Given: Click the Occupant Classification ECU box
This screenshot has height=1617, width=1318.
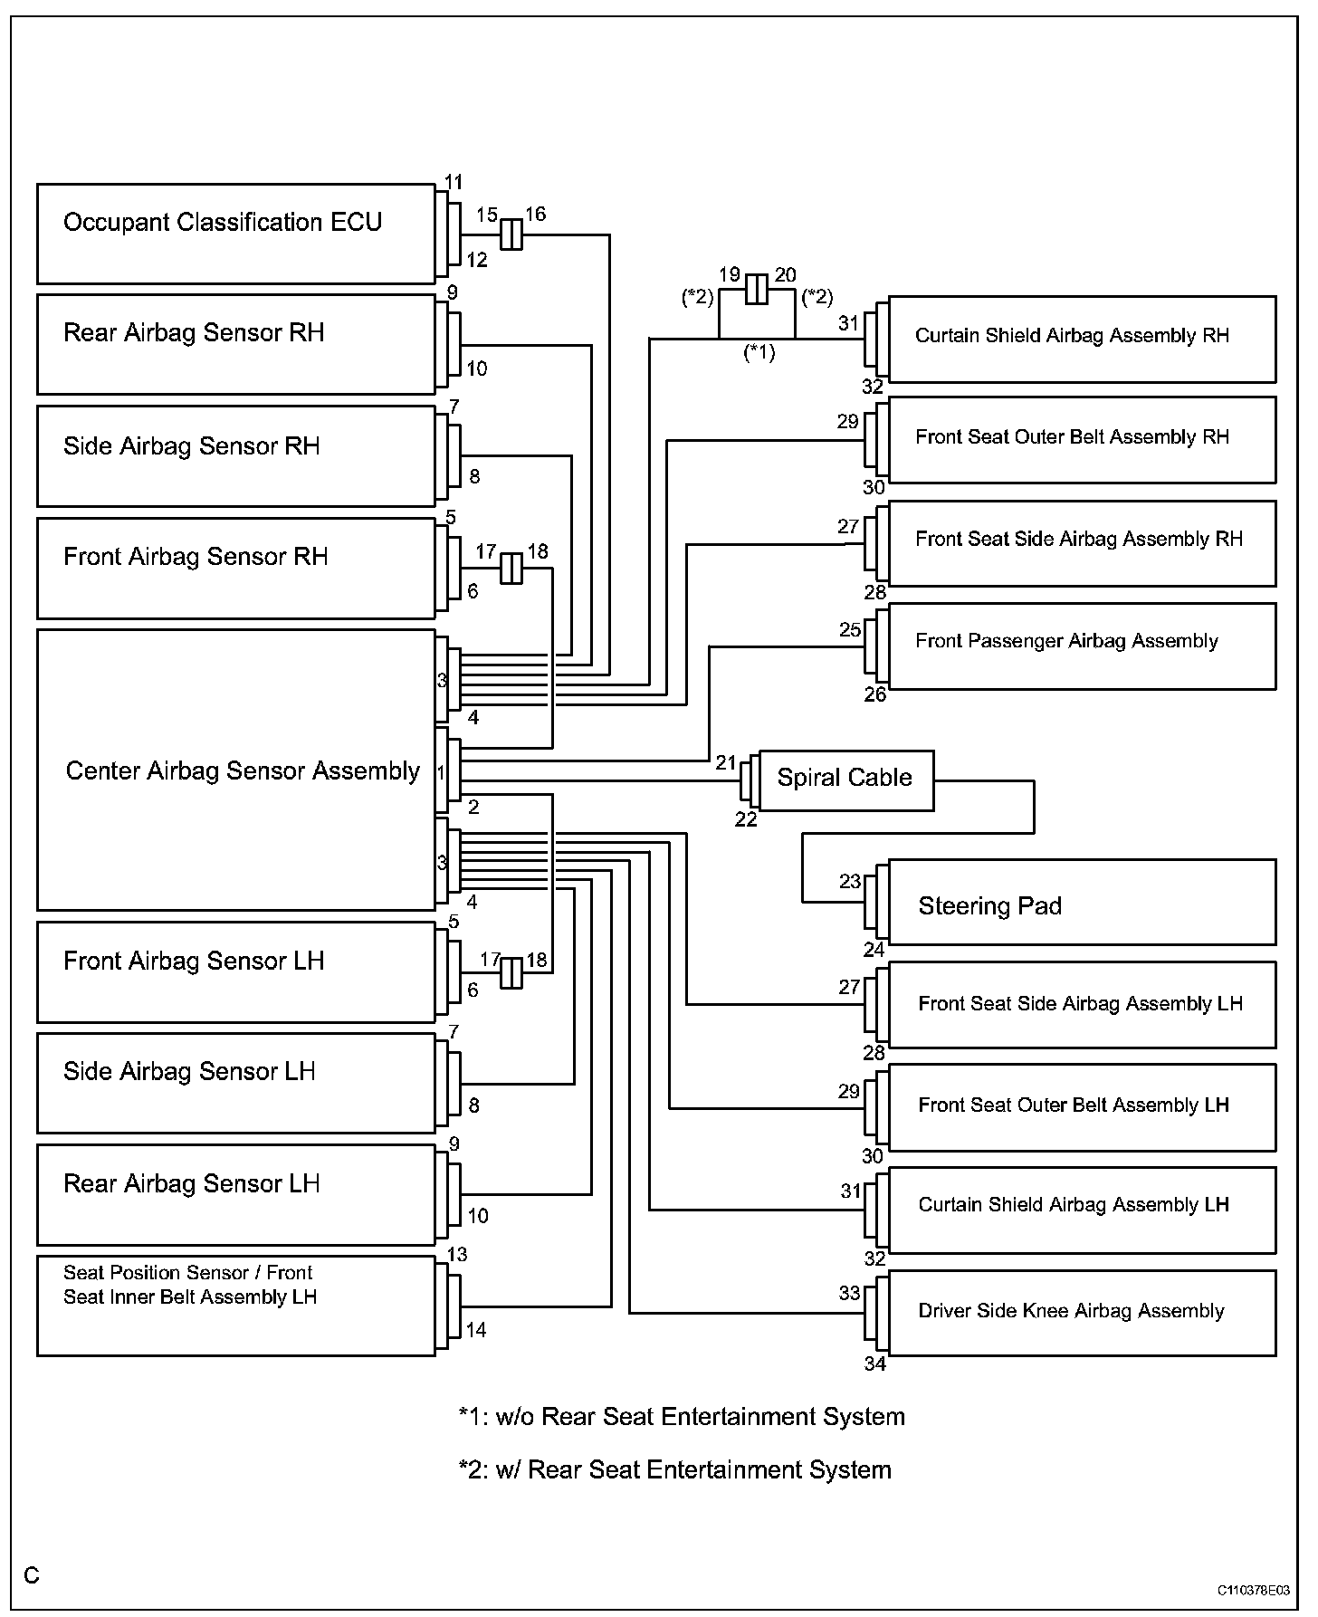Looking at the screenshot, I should pyautogui.click(x=235, y=234).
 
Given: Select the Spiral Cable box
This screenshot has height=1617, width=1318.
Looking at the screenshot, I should pyautogui.click(x=845, y=780).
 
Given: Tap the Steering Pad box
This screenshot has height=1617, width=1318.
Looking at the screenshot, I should pyautogui.click(x=1082, y=903).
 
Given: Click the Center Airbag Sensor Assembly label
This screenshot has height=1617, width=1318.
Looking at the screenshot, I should pyautogui.click(x=243, y=770).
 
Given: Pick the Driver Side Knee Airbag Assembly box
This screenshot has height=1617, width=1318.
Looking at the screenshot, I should pyautogui.click(x=1082, y=1312).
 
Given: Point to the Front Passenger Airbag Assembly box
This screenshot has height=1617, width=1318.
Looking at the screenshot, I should pyautogui.click(x=1082, y=646).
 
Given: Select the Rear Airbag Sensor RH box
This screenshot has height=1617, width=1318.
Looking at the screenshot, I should pyautogui.click(x=235, y=344).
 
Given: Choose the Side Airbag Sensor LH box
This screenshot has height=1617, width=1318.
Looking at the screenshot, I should pyautogui.click(x=235, y=1083).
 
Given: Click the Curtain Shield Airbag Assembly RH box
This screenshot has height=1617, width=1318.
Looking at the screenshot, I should pyautogui.click(x=1082, y=339).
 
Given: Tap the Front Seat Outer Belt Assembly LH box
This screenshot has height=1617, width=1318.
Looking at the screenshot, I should pyautogui.click(x=1082, y=1106).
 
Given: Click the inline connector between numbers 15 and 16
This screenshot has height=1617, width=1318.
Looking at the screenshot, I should pyautogui.click(x=511, y=234).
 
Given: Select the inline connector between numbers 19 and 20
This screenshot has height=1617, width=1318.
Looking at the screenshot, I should pyautogui.click(x=758, y=291).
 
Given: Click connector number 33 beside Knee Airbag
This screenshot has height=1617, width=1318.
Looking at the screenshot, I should pyautogui.click(x=849, y=1293).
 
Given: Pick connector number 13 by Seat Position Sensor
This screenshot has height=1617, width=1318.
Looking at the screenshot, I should pyautogui.click(x=457, y=1255).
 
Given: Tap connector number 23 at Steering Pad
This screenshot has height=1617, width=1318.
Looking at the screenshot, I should pyautogui.click(x=849, y=881).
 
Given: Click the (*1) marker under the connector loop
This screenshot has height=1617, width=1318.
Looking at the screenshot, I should pyautogui.click(x=759, y=352).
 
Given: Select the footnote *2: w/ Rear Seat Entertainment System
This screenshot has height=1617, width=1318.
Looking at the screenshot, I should pyautogui.click(x=674, y=1469).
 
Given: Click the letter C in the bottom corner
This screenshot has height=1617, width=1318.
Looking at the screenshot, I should pyautogui.click(x=32, y=1576).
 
